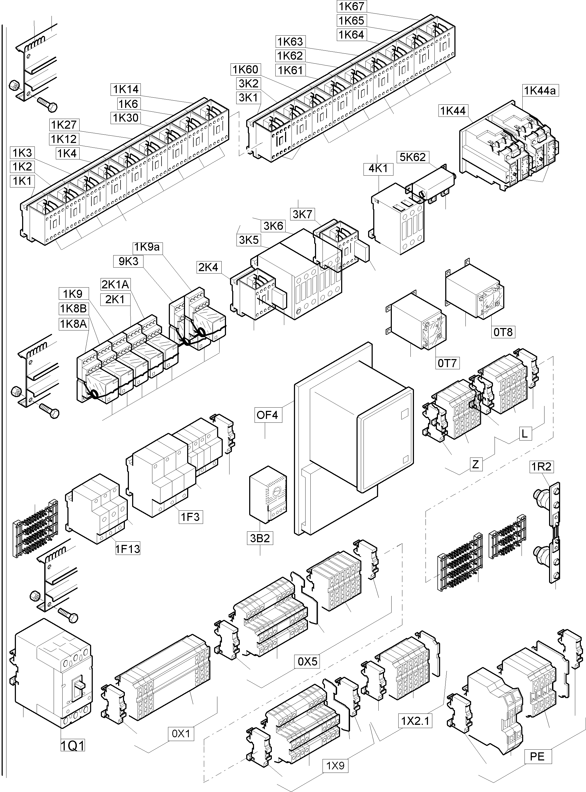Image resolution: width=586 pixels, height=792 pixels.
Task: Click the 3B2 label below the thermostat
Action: point(260,538)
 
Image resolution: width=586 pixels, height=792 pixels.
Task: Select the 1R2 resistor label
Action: point(541,467)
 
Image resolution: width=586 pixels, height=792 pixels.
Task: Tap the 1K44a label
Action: point(540,91)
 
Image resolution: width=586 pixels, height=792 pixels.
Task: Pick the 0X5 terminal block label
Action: point(307,662)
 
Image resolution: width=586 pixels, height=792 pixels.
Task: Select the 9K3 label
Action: point(128,261)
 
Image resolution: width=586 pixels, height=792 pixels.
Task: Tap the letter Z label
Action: point(476,464)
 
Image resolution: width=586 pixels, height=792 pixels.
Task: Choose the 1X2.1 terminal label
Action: point(415,721)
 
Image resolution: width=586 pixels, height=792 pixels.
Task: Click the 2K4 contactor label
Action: point(208,267)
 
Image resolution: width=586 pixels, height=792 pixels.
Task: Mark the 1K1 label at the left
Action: point(22,181)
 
